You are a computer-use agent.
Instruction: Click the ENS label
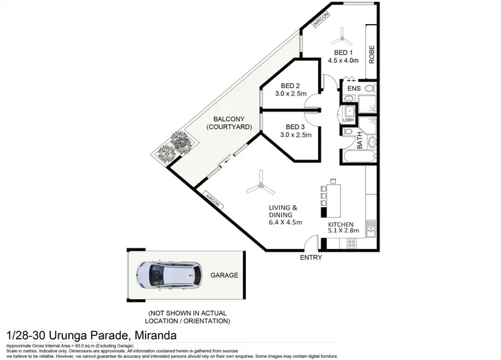tap(354, 88)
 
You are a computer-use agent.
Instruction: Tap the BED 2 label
tap(291, 85)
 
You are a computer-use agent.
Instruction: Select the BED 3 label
tap(295, 127)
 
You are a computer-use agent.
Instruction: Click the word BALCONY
tap(224, 118)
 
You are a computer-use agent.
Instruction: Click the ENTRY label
tap(311, 258)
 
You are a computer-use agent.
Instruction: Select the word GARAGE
tap(224, 275)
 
